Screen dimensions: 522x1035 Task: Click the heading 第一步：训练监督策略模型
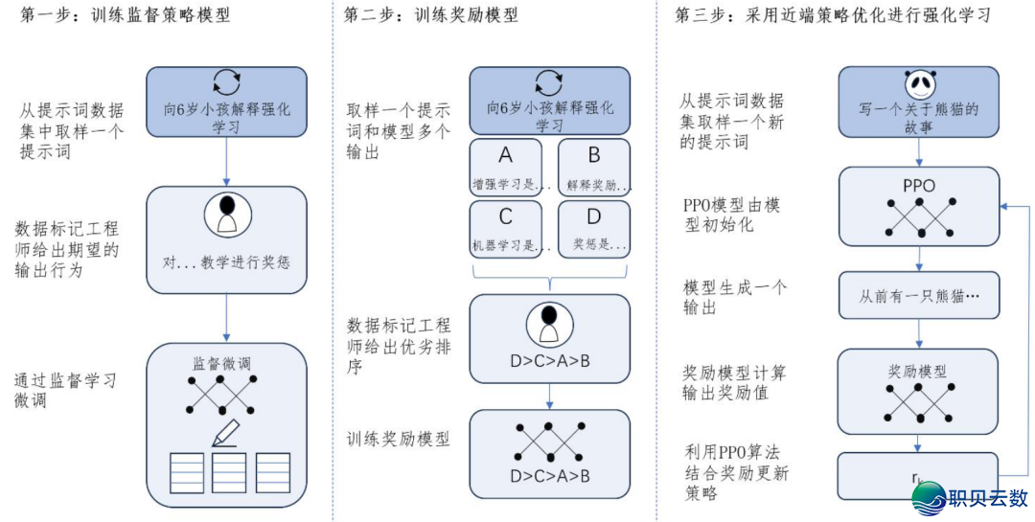(126, 16)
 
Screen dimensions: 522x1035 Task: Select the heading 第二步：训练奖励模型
(432, 16)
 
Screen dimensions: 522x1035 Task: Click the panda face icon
(919, 85)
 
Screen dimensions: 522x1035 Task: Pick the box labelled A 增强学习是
(506, 167)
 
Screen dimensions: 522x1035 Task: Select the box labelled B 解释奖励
(594, 167)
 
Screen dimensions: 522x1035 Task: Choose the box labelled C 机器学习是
(506, 228)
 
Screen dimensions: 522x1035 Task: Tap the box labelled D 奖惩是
(594, 228)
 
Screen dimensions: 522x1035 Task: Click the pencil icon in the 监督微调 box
(228, 434)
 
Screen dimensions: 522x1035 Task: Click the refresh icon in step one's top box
(227, 80)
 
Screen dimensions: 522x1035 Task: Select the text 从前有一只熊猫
(919, 297)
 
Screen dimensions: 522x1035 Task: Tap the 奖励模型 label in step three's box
(919, 371)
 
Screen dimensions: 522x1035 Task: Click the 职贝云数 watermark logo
(971, 497)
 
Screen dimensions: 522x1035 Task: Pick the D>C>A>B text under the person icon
(550, 362)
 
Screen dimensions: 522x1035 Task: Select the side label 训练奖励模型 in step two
(399, 439)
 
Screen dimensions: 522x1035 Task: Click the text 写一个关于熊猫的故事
(919, 118)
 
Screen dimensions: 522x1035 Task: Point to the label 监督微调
(227, 364)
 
